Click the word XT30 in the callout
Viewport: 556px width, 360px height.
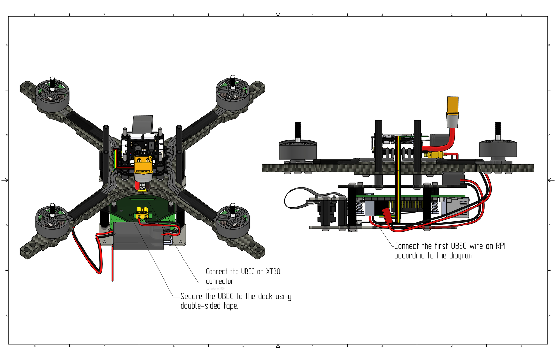click(273, 271)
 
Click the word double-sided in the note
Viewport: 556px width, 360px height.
click(200, 306)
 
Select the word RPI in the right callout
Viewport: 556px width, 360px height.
click(500, 246)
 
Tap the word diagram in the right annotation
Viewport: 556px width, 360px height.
click(461, 256)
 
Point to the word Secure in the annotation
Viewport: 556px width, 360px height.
click(191, 296)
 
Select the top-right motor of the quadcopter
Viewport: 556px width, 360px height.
click(233, 94)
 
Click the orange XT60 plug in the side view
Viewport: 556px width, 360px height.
click(453, 104)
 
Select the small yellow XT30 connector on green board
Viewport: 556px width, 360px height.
click(142, 213)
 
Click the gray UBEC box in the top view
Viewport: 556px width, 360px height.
click(138, 236)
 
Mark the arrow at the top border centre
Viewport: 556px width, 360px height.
click(278, 13)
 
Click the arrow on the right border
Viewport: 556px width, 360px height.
click(551, 180)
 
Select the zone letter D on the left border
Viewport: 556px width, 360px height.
click(7, 45)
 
